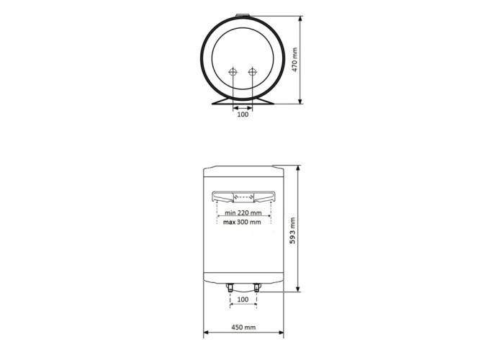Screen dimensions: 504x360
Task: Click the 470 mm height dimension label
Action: [294, 60]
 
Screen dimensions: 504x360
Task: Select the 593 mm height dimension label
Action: [292, 230]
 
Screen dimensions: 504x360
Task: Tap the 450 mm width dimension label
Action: [243, 327]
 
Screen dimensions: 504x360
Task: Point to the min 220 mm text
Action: [243, 212]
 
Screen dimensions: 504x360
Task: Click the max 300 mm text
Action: [242, 222]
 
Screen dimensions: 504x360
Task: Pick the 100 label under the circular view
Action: [243, 114]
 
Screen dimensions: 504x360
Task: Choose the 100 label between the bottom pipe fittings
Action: [243, 300]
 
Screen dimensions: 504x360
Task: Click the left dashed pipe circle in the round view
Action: [233, 72]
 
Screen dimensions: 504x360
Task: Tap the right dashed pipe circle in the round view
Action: [253, 72]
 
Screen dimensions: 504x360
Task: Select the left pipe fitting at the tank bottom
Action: [230, 287]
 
